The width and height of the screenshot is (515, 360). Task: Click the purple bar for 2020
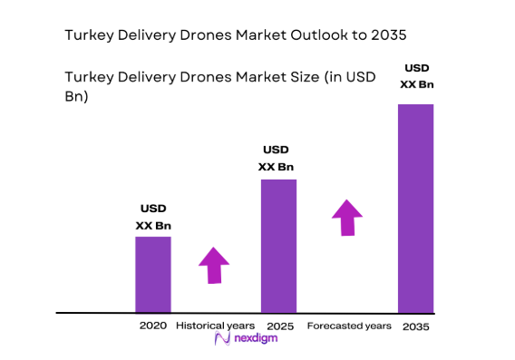[x=153, y=274]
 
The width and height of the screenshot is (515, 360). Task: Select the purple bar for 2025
[x=278, y=245]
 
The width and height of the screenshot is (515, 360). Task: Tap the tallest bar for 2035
[x=415, y=208]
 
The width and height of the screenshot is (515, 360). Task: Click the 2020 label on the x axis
[x=153, y=325]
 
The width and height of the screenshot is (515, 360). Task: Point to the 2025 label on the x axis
[x=279, y=325]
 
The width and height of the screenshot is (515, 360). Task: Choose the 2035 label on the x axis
[x=416, y=326]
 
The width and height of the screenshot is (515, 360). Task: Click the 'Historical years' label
[x=216, y=325]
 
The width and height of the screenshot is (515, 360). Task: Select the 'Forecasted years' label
[x=349, y=325]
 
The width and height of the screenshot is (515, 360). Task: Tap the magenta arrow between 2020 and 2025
[x=214, y=265]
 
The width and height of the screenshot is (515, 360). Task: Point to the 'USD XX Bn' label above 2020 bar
[x=153, y=217]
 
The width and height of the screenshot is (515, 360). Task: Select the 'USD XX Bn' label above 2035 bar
[x=417, y=76]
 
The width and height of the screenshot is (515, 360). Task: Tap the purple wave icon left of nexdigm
[x=220, y=338]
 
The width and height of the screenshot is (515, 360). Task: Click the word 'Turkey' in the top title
[x=90, y=36]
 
